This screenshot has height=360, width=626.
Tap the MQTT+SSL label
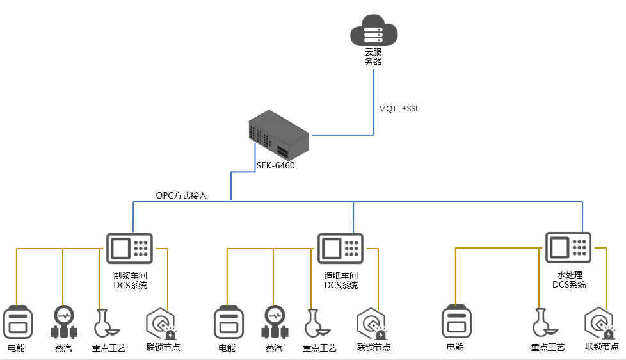tap(399, 109)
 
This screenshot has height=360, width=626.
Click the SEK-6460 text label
tap(275, 165)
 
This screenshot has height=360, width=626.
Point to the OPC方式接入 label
tap(181, 195)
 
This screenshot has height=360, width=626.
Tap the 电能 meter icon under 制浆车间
tap(17, 322)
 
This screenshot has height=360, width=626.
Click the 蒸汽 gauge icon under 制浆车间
tap(63, 322)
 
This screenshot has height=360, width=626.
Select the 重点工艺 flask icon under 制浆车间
tap(104, 323)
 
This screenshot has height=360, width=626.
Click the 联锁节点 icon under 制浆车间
tap(161, 323)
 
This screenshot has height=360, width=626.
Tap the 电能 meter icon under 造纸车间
tap(227, 322)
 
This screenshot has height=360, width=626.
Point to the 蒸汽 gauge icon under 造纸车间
tap(275, 322)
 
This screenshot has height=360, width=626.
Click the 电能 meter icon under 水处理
tap(456, 322)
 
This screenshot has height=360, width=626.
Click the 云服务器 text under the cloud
tap(373, 57)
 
